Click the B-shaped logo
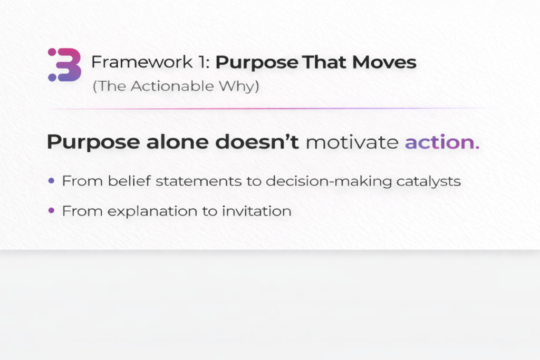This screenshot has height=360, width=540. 65,65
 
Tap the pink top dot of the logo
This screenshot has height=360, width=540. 52,52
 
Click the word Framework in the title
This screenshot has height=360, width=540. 142,62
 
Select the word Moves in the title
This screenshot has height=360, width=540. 384,62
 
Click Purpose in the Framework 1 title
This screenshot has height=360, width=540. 257,63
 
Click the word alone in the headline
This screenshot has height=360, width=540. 177,142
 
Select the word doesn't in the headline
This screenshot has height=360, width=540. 257,142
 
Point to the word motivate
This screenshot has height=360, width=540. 352,142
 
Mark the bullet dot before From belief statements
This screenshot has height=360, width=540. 51,181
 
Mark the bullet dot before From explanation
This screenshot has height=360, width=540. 51,210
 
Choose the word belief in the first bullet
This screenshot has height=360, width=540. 129,181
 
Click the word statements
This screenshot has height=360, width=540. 198,181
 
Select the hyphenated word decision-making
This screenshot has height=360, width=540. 329,181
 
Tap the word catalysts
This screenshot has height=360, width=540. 428,181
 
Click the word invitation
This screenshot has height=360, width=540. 257,211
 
